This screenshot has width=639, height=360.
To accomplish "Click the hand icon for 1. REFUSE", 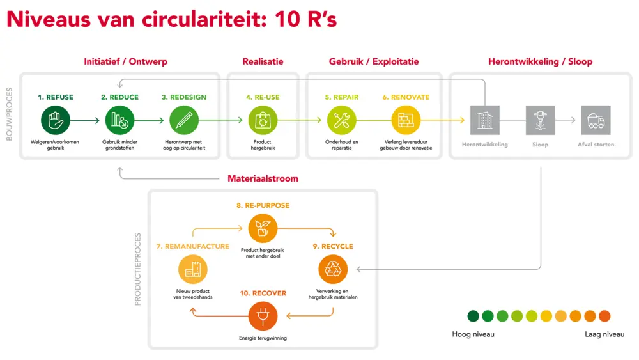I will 55,120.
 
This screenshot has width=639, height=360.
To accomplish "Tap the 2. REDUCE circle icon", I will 119,120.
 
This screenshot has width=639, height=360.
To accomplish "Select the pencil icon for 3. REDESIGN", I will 184,120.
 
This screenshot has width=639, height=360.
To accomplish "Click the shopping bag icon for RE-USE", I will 263,120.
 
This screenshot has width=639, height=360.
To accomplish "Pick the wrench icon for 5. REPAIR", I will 341,120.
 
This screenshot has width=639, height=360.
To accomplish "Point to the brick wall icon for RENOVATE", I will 406,120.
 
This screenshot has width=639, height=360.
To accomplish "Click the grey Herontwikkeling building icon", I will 484,120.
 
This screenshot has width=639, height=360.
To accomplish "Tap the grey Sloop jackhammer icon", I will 540,120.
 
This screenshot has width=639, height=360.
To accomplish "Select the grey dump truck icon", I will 596,120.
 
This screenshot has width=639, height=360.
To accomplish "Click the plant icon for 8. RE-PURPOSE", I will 263,228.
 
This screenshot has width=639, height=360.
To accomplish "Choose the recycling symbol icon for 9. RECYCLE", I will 333,269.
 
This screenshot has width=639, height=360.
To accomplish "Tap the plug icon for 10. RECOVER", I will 263,316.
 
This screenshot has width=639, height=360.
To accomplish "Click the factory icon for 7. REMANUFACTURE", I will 192,269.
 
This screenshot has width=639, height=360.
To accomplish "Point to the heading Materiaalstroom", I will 263,178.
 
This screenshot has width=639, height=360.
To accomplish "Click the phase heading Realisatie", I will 263,61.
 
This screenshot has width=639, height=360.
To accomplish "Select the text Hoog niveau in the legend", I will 473,334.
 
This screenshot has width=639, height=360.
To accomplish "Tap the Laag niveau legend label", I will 604,334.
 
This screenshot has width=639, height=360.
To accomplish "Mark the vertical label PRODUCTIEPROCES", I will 138,269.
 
